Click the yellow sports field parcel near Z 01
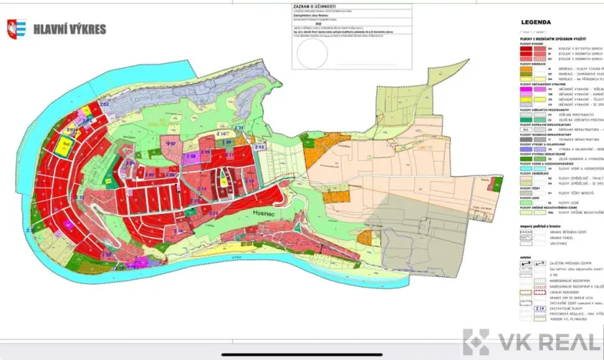tap(68, 143)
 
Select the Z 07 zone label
tap(172, 144)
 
